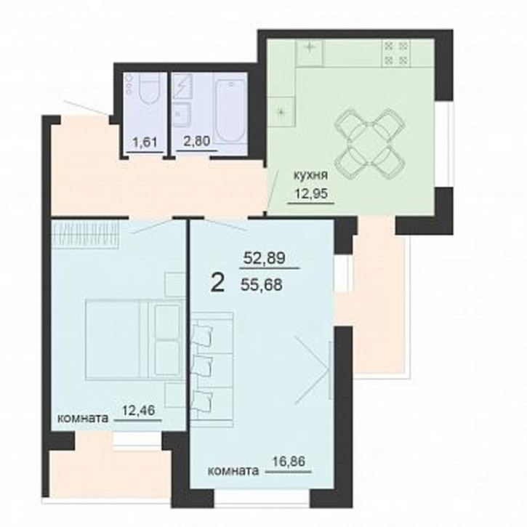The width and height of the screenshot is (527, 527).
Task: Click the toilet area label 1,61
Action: pyautogui.click(x=145, y=142)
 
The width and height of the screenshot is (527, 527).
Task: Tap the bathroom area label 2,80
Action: pyautogui.click(x=196, y=141)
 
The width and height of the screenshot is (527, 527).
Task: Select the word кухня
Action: pyautogui.click(x=310, y=175)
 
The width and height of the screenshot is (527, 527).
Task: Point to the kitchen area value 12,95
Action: pyautogui.click(x=311, y=193)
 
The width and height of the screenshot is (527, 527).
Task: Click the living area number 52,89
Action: pyautogui.click(x=264, y=258)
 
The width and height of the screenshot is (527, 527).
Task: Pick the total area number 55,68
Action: pyautogui.click(x=262, y=286)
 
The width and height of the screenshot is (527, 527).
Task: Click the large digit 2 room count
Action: pyautogui.click(x=218, y=283)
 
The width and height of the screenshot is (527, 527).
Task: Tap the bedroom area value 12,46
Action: pyautogui.click(x=138, y=411)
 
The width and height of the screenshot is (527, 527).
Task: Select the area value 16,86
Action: pyautogui.click(x=289, y=462)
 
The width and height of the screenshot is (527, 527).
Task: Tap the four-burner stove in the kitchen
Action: pyautogui.click(x=396, y=52)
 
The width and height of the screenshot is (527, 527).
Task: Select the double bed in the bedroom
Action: pyautogui.click(x=134, y=340)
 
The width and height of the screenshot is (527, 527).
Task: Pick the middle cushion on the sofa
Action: pyautogui.click(x=202, y=365)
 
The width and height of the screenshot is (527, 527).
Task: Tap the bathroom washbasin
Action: pyautogui.click(x=182, y=114)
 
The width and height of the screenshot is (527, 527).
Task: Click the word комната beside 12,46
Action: pyautogui.click(x=83, y=418)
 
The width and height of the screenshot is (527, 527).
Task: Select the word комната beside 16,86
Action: pyautogui.click(x=233, y=471)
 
